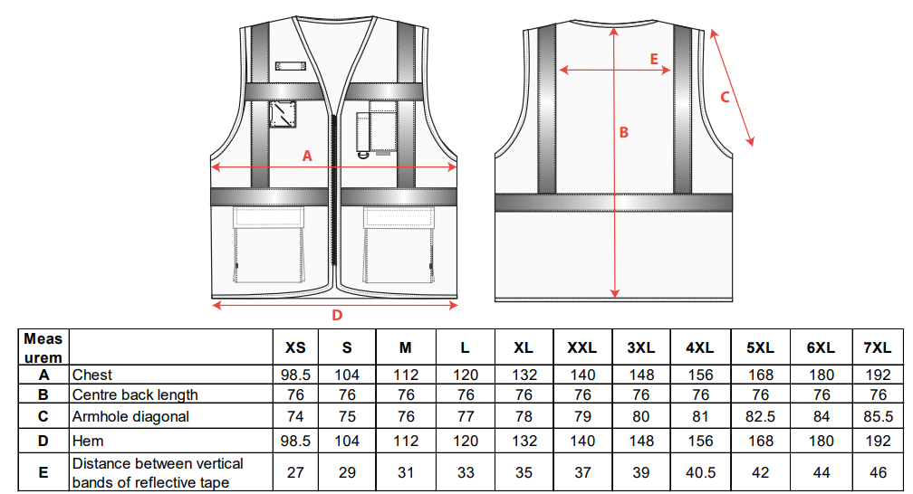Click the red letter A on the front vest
point(307,156)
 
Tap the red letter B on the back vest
point(623,133)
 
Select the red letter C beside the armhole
point(725,97)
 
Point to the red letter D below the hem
point(337,316)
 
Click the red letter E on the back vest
point(654,60)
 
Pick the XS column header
point(295,348)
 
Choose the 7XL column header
point(878,348)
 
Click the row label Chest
point(92,375)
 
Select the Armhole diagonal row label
point(130,416)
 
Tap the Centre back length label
point(135,395)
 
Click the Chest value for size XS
point(295,375)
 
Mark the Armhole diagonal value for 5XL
point(761,416)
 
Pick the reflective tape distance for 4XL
point(700,472)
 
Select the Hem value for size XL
point(524,441)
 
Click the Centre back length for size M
point(406,395)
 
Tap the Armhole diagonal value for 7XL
point(878,416)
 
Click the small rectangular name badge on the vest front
point(291,66)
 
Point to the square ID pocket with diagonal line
point(283,114)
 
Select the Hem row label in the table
point(88,441)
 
